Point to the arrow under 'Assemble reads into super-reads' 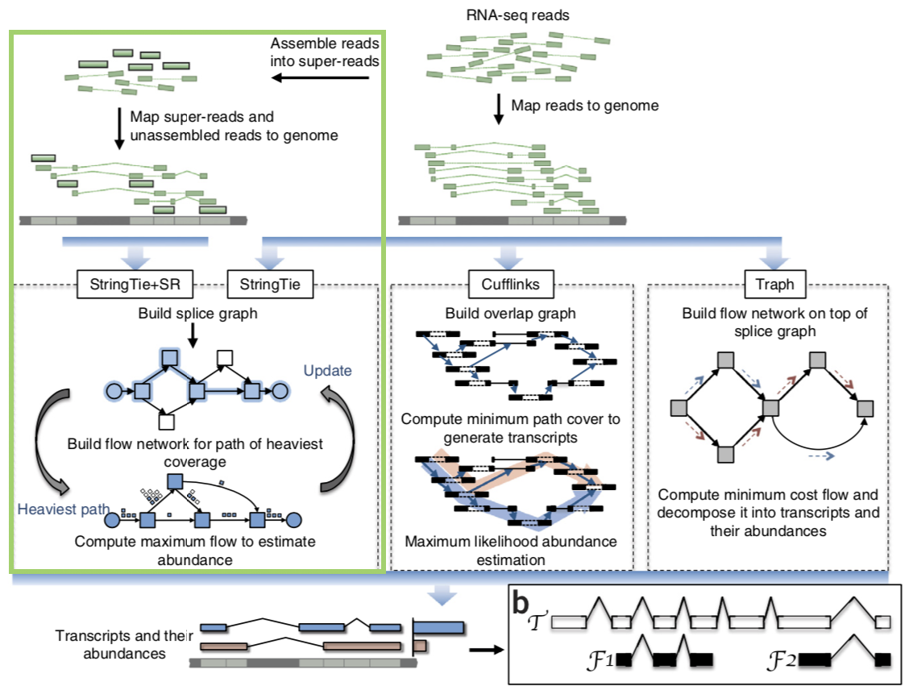(320, 78)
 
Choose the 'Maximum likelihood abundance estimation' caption (511, 551)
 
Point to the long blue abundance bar (439, 627)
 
